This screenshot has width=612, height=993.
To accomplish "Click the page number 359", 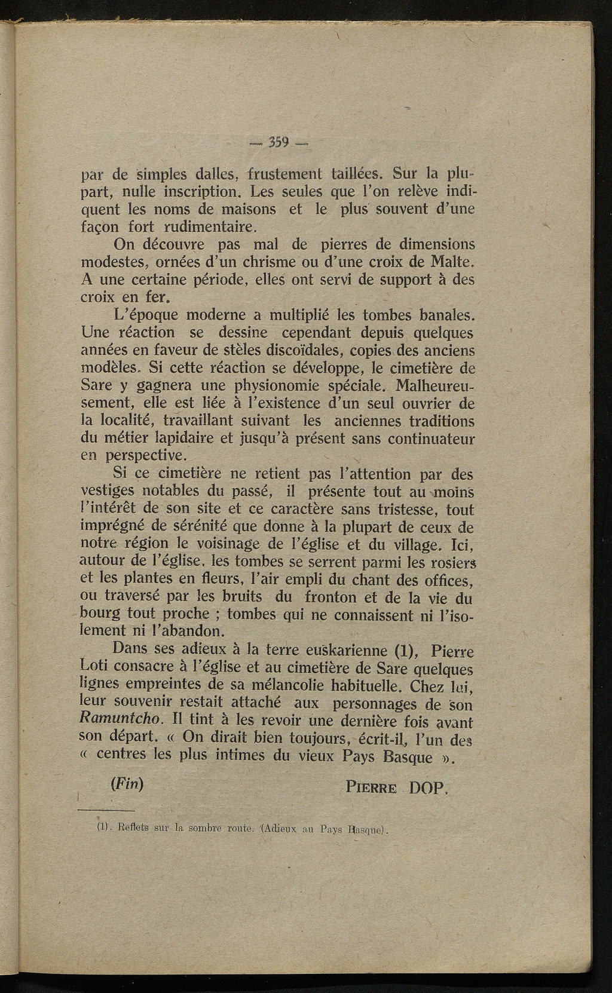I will [x=279, y=142].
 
